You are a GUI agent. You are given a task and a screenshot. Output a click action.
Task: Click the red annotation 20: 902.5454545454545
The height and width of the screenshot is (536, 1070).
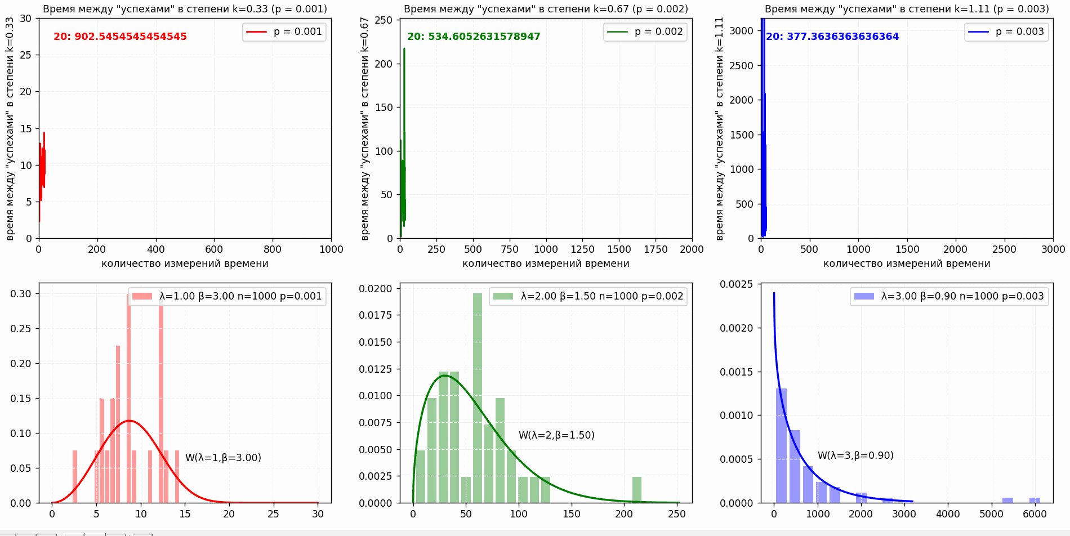[120, 37]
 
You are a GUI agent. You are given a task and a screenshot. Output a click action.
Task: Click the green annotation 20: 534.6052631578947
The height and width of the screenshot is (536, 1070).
[474, 37]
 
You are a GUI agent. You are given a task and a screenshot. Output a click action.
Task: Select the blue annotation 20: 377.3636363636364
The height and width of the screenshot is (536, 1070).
[832, 37]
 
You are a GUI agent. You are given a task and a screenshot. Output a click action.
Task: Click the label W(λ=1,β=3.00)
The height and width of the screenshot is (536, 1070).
[223, 458]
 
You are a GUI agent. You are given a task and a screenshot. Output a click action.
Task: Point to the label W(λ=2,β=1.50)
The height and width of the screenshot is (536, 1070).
[556, 435]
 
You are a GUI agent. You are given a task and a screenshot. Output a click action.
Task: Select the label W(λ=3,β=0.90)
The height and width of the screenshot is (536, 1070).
[855, 455]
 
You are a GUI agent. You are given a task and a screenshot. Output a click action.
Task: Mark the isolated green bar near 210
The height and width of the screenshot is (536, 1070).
[637, 490]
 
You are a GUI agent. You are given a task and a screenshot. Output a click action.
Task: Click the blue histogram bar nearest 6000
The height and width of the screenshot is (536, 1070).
[1035, 500]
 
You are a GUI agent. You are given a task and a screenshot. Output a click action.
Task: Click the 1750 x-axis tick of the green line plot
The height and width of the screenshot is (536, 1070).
[656, 249]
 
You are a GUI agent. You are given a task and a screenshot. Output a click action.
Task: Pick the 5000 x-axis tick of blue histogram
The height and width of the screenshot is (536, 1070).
[991, 514]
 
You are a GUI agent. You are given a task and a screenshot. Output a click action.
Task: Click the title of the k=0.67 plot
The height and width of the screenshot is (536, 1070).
[546, 9]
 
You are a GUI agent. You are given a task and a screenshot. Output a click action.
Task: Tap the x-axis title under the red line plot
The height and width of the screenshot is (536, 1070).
[185, 263]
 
